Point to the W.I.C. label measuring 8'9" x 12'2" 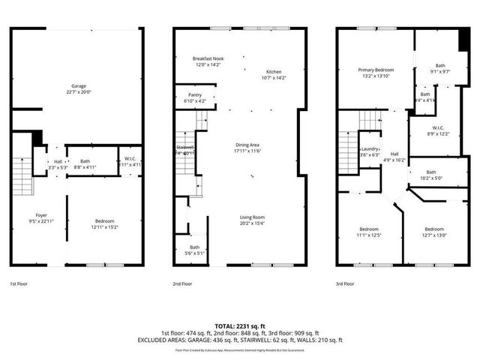[x=437, y=130]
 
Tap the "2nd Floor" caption [x=181, y=284]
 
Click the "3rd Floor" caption [x=345, y=284]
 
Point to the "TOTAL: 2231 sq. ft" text [x=239, y=326]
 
